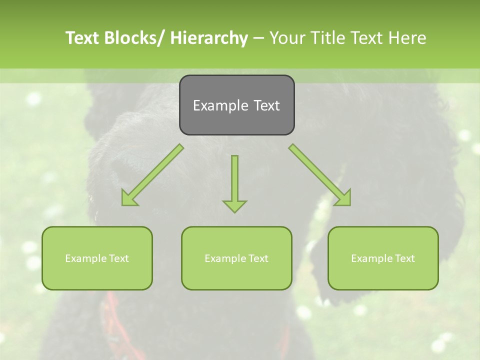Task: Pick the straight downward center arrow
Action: [234, 180]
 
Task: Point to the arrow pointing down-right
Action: [320, 175]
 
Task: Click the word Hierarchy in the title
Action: [209, 38]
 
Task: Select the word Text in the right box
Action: [404, 258]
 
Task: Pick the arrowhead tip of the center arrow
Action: [234, 211]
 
